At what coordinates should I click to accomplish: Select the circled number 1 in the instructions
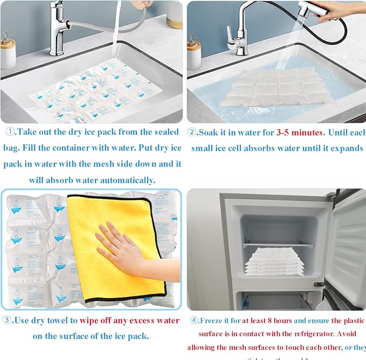pyautogui.click(x=10, y=132)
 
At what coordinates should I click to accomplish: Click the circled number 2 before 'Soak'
pyautogui.click(x=192, y=133)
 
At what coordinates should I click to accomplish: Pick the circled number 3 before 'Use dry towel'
pyautogui.click(x=7, y=320)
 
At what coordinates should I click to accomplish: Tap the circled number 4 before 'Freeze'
pyautogui.click(x=193, y=321)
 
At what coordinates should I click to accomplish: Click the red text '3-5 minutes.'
pyautogui.click(x=299, y=133)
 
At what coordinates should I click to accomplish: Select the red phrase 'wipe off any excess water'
pyautogui.click(x=129, y=320)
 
